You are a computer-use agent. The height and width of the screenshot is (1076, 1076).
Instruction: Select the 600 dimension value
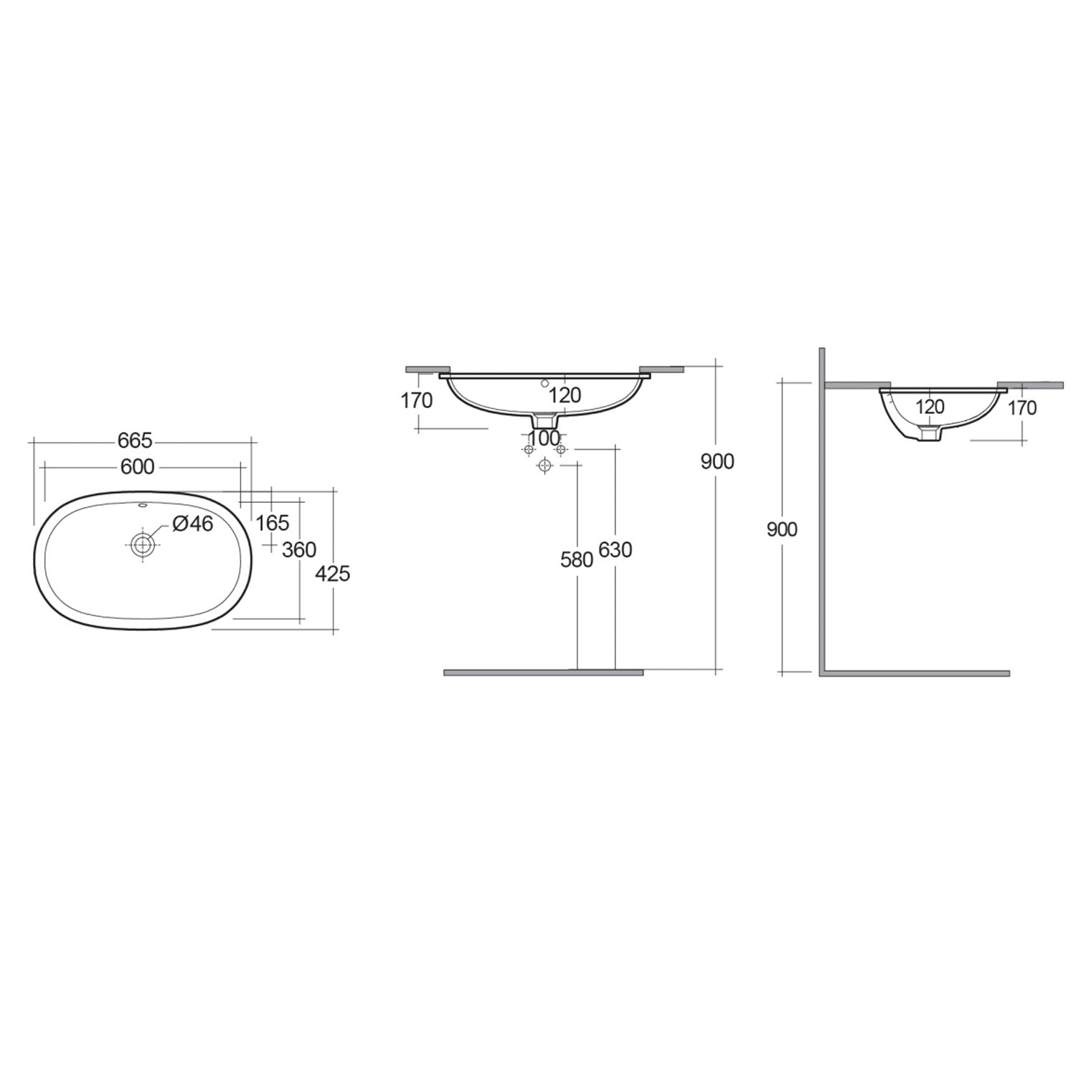[x=138, y=467]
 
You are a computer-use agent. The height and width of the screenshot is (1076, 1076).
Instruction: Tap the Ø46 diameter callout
[x=193, y=524]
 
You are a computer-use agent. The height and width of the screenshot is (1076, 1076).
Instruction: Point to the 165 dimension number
[x=273, y=523]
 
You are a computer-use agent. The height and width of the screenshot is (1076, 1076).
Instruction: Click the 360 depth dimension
[x=299, y=549]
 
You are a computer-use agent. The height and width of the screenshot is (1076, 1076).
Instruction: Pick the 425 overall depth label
[x=333, y=573]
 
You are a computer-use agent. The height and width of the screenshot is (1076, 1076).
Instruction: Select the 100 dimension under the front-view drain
[x=544, y=437]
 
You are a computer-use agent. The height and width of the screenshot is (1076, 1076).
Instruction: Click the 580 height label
[x=577, y=560]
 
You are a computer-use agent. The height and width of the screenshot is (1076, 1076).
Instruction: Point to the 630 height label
[x=615, y=550]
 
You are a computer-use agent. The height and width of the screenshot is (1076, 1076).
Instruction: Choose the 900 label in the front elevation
[x=717, y=462]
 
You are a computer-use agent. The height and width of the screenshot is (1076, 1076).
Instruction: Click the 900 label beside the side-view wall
[x=782, y=529]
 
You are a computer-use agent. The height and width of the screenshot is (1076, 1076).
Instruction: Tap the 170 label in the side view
[x=1022, y=407]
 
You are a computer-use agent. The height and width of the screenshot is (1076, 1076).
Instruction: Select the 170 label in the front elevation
[x=417, y=400]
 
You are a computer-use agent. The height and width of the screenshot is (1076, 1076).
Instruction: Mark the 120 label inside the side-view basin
[x=930, y=407]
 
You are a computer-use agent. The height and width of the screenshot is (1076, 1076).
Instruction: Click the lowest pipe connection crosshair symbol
[x=545, y=466]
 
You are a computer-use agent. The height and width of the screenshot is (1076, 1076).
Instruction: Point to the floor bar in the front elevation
[x=543, y=672]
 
